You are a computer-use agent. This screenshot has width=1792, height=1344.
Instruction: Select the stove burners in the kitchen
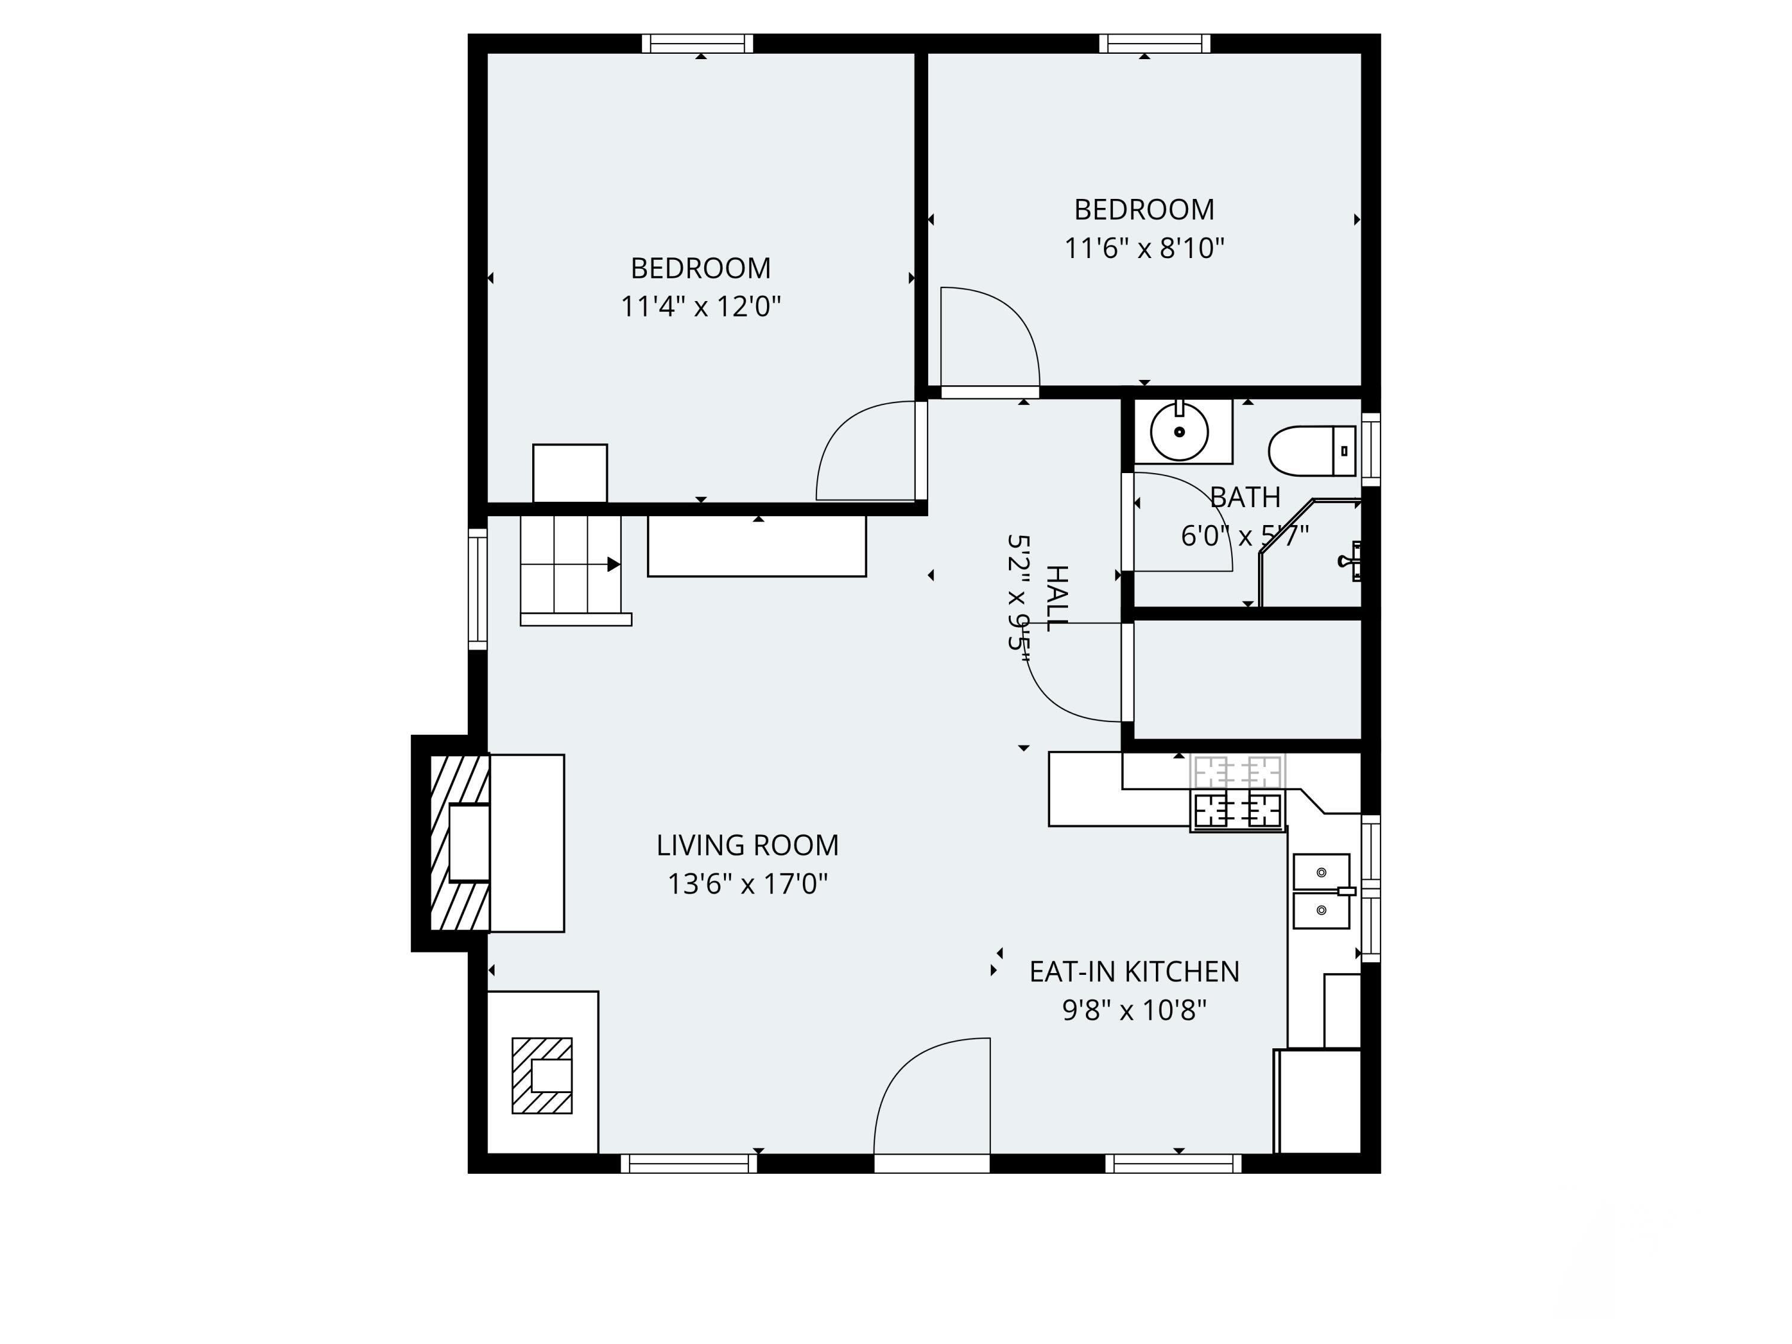[x=1237, y=809]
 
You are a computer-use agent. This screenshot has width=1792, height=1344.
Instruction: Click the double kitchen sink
[x=1321, y=891]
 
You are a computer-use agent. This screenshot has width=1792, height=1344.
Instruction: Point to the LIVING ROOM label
[x=747, y=845]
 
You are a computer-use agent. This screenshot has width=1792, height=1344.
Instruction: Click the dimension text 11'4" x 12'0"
[x=701, y=307]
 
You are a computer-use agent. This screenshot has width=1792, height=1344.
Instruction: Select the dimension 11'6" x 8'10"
[x=1143, y=248]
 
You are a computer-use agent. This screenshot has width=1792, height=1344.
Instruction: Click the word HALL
[x=1057, y=598]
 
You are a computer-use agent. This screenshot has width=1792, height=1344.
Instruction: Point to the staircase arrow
[x=613, y=564]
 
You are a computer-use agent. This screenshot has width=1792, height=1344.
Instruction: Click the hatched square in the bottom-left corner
[x=541, y=1076]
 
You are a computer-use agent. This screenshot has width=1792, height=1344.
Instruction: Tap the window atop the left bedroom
[x=698, y=43]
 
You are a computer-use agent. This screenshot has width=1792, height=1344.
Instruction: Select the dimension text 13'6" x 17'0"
[x=747, y=884]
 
